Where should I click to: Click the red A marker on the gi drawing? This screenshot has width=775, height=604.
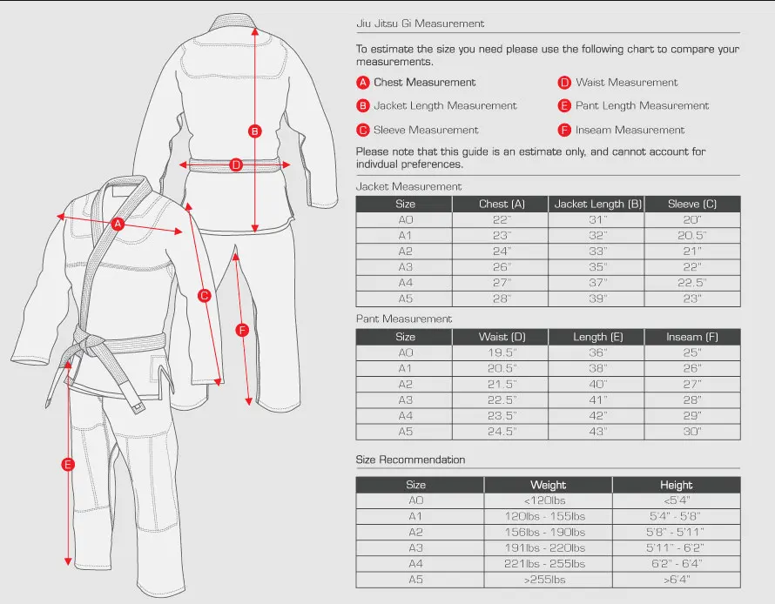[118, 224]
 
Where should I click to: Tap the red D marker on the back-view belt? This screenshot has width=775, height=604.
[236, 164]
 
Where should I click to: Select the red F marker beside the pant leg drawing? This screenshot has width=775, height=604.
[243, 330]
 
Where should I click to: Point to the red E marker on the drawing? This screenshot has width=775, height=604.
[68, 465]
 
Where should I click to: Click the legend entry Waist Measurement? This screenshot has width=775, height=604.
[626, 83]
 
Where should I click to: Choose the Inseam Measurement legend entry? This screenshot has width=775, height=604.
[630, 131]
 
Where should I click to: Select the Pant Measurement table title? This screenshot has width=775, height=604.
[404, 319]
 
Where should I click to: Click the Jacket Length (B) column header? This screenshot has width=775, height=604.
[597, 204]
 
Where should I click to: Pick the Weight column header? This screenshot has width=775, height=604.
[548, 485]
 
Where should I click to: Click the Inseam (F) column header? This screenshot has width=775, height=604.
[692, 337]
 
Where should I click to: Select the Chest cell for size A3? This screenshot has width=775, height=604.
[500, 267]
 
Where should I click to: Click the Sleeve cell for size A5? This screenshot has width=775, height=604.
[692, 299]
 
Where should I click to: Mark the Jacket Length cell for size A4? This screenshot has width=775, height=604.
[597, 283]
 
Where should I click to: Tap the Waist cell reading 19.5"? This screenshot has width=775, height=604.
[500, 352]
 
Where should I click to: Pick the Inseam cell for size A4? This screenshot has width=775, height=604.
[692, 416]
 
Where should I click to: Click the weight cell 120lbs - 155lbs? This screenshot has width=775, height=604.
[548, 516]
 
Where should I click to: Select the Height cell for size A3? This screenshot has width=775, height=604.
[676, 548]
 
